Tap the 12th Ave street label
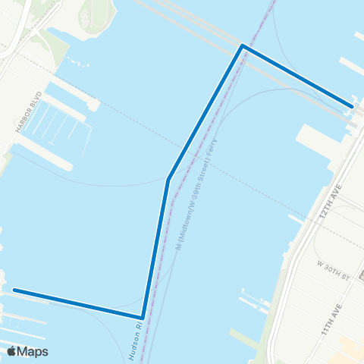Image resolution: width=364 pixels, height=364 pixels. tap(327, 205)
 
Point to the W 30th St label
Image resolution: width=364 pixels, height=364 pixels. tap(332, 269)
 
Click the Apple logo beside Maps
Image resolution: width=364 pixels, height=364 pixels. tap(11, 351)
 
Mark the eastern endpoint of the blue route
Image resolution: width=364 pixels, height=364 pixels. tap(351, 106)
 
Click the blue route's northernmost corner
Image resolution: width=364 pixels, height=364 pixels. tap(243, 46)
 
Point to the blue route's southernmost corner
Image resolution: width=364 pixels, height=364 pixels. tap(143, 317)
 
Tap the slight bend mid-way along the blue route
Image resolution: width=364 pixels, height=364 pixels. tap(168, 180)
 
